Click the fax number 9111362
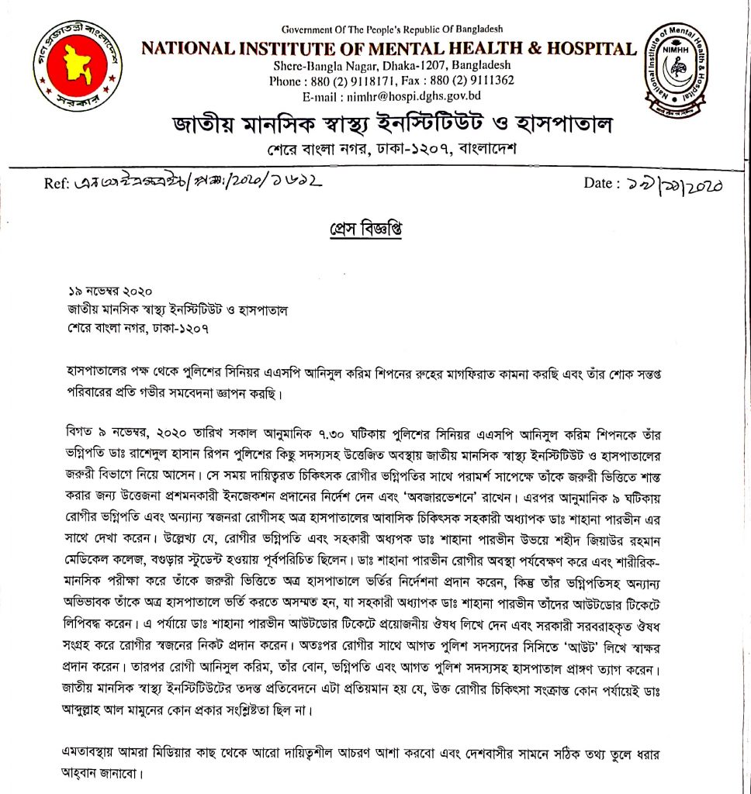[x=486, y=80]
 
